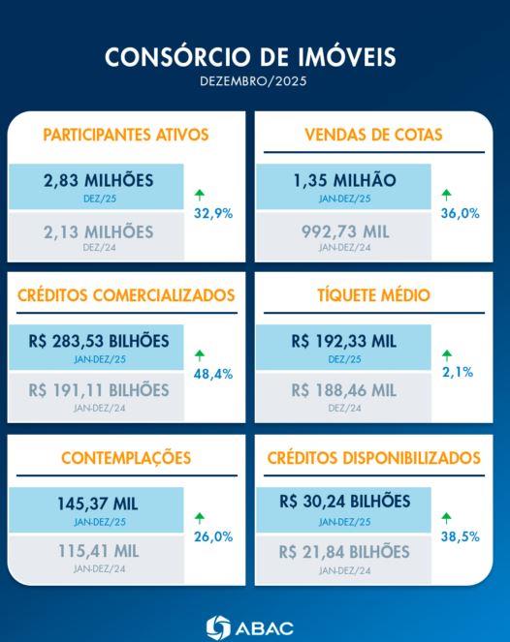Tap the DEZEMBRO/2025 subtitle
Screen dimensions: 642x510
point(255,81)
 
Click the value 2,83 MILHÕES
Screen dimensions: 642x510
point(99,180)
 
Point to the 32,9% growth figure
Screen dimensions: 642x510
point(212,214)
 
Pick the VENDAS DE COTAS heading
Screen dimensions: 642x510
point(373,136)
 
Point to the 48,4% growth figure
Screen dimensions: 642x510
point(212,374)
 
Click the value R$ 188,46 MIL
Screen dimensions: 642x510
point(344,391)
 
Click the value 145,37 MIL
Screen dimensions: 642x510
point(99,504)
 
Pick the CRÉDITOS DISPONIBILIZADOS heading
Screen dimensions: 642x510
point(373,457)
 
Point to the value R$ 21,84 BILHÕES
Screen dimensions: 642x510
point(344,552)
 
